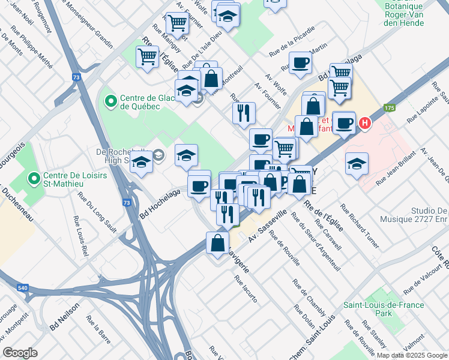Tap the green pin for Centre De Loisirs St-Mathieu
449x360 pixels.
tap(35, 178)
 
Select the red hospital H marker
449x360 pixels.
tap(364, 124)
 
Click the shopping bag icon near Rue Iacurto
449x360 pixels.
tap(217, 243)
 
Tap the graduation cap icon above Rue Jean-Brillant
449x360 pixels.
tap(357, 163)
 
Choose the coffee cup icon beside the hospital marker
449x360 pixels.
tap(344, 123)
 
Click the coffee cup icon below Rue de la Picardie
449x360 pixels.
tap(300, 62)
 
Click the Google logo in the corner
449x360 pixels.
tap(20, 353)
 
